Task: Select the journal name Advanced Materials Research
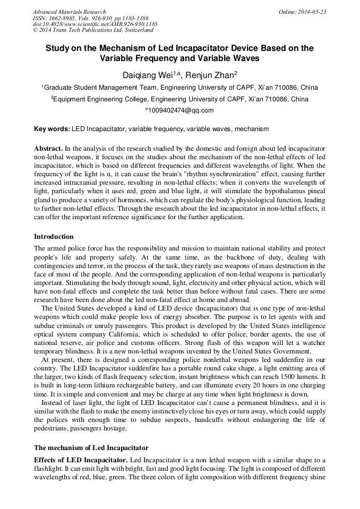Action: tap(69, 12)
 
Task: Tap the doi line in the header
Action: tap(95, 24)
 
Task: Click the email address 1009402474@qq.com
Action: tap(181, 110)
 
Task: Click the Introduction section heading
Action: tap(54, 237)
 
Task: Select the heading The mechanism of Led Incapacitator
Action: tap(91, 447)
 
